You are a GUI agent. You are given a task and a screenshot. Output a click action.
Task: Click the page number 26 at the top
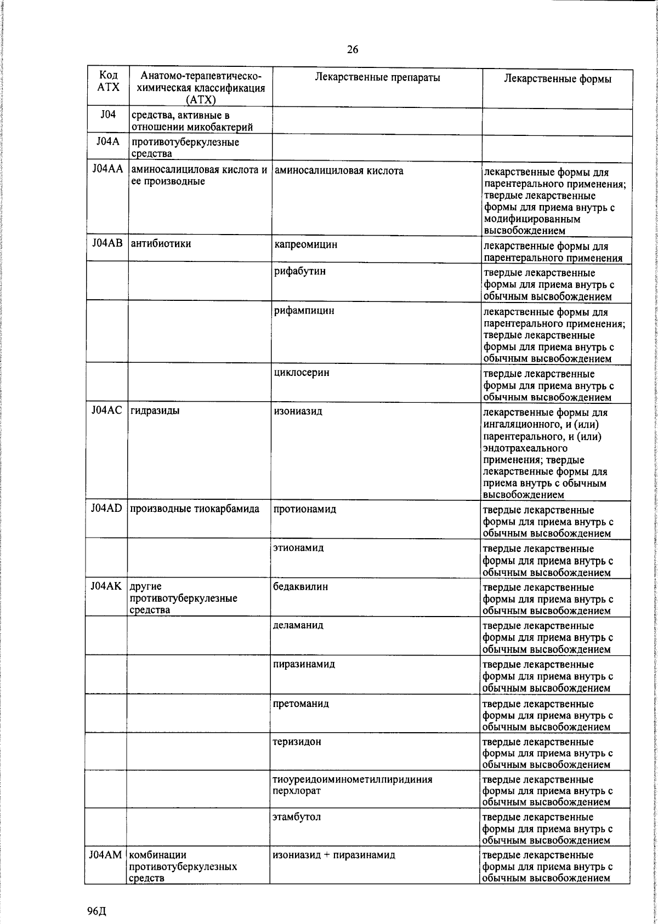(352, 50)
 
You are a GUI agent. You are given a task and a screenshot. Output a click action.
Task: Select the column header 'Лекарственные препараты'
(377, 78)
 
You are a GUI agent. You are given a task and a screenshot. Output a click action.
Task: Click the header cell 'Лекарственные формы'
(557, 79)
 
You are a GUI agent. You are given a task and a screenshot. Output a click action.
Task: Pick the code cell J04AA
(107, 170)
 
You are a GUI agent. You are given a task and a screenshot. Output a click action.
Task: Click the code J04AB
(107, 243)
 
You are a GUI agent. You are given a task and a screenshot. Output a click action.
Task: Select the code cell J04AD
(107, 509)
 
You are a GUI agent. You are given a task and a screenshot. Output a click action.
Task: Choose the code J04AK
(107, 586)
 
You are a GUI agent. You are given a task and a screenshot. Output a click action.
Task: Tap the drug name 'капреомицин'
(306, 244)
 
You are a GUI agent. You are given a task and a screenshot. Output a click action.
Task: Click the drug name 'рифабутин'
(300, 271)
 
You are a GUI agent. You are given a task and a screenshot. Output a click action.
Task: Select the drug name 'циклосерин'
(302, 373)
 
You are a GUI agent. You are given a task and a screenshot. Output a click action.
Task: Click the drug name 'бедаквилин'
(300, 586)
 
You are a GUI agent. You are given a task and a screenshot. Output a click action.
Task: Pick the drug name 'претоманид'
(301, 703)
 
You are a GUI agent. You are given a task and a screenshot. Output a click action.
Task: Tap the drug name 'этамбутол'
(297, 817)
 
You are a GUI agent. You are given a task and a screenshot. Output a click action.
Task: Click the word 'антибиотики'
(161, 243)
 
